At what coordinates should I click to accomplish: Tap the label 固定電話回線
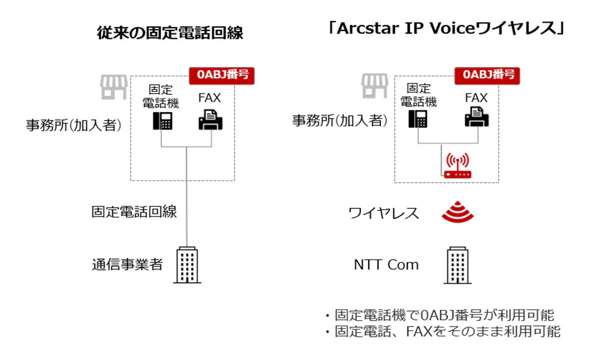[x=134, y=212]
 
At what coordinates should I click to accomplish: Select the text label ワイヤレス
[x=384, y=213]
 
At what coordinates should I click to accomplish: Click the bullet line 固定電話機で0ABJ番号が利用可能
[x=443, y=315]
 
